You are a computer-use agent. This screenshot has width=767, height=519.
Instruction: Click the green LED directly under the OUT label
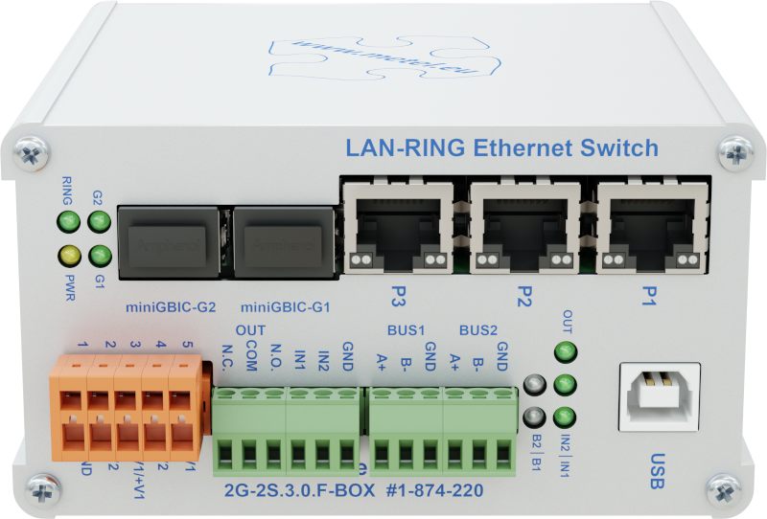pos(567,351)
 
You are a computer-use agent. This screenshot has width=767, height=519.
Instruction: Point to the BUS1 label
pos(406,330)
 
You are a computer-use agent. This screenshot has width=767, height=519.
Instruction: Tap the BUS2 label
pos(477,330)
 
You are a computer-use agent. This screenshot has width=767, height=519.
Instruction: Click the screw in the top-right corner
pos(738,150)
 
